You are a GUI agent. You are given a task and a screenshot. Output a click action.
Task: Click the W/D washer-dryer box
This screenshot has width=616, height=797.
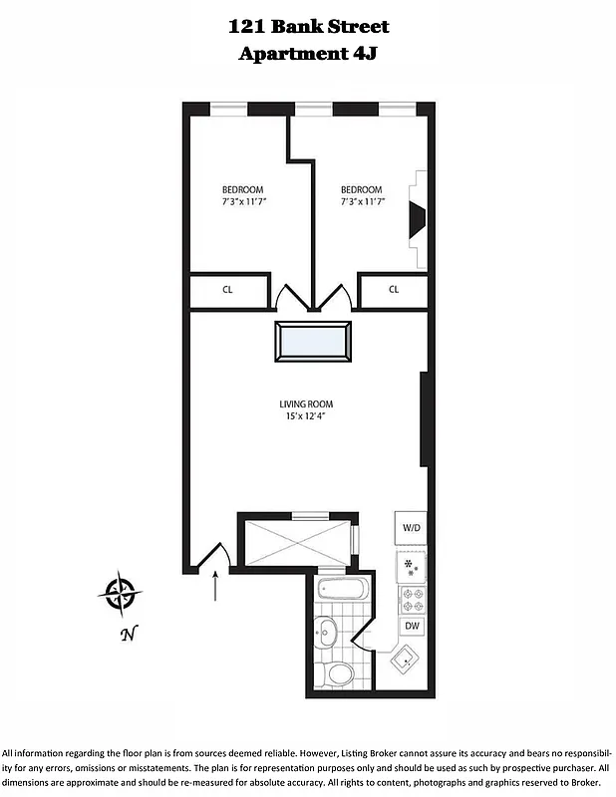[x=411, y=527]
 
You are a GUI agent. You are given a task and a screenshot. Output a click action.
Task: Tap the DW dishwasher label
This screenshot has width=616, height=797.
[x=411, y=626]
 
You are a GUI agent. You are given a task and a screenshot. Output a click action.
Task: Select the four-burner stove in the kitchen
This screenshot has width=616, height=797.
[x=411, y=599]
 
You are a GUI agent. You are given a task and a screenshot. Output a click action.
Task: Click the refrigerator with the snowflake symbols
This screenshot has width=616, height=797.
[x=411, y=566]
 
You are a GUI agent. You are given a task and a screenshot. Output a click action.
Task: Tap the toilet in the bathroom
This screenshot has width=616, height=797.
[x=339, y=673]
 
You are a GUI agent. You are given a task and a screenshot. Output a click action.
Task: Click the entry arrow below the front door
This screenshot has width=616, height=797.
[x=216, y=587]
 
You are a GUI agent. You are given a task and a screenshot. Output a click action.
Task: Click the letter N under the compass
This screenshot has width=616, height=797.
[x=127, y=634]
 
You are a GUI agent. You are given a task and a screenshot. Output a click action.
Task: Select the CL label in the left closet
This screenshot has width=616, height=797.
[x=227, y=290]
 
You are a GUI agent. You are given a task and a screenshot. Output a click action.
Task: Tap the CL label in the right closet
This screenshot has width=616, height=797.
[x=394, y=290]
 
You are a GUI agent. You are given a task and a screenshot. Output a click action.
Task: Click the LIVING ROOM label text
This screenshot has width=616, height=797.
[x=306, y=404]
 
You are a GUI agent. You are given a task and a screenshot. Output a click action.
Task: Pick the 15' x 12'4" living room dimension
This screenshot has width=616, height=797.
[x=306, y=416]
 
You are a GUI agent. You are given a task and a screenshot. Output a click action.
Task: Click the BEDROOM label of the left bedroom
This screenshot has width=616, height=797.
[x=242, y=190]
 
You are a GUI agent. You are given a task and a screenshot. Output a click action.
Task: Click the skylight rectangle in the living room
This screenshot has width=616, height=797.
[x=313, y=343]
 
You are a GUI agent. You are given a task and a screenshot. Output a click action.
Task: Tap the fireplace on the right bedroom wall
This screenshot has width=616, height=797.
[x=418, y=219]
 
